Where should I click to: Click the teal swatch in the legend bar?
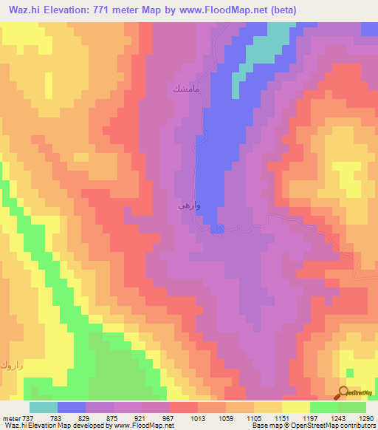(43, 406)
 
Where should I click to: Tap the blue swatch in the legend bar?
(72, 406)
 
